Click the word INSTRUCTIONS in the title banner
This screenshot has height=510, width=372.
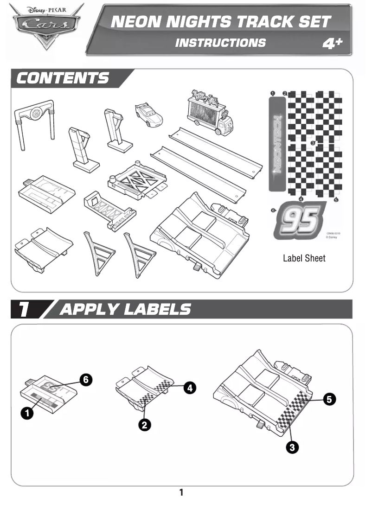click(x=221, y=43)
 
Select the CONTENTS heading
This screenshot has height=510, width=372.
click(x=63, y=78)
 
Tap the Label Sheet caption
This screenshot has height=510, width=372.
click(x=304, y=258)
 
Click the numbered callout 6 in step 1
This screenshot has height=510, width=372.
click(x=85, y=379)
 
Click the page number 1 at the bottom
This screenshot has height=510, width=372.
click(x=181, y=492)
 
